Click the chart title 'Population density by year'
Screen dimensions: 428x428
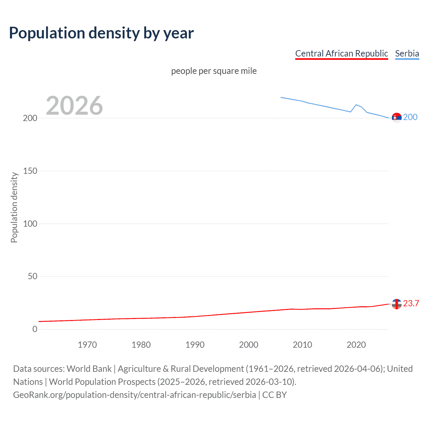coord(101,33)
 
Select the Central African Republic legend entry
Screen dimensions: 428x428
coord(341,53)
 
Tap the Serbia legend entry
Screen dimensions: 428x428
coord(407,53)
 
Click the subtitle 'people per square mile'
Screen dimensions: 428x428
coord(214,71)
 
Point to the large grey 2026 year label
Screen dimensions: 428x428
coord(74,106)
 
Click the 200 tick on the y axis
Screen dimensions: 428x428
coord(30,118)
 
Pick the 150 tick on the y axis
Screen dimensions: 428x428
coord(30,171)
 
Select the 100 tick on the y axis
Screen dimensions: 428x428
coord(30,224)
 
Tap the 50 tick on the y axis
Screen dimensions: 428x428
coord(32,277)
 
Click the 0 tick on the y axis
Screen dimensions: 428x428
coord(35,329)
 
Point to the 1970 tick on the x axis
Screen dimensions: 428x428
coord(87,345)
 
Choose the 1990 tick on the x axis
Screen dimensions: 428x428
coord(195,345)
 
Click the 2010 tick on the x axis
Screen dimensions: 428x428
coord(302,345)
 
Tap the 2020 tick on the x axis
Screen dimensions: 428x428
coord(356,345)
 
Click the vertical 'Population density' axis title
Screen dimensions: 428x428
coord(14,207)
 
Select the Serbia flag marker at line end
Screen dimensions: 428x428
coord(397,118)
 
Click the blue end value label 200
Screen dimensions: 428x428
coord(410,117)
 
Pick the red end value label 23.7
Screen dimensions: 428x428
coord(411,303)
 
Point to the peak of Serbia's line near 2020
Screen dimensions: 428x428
coord(356,105)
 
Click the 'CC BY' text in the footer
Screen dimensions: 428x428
coord(275,395)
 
